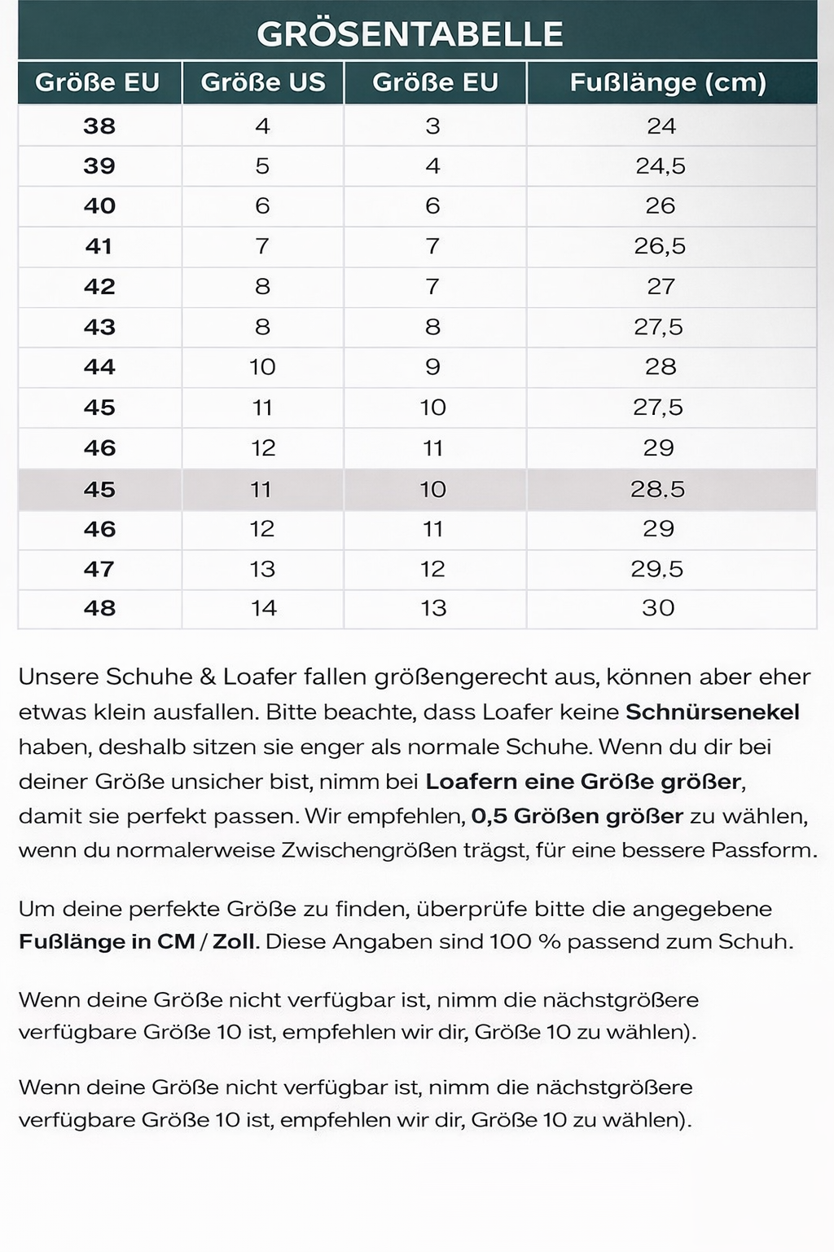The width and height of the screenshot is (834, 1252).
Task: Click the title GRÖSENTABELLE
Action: tap(410, 34)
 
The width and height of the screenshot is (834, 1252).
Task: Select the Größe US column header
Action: tap(262, 82)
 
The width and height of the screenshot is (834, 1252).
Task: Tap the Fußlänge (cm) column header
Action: tap(668, 82)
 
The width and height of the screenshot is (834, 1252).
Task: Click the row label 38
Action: tap(99, 126)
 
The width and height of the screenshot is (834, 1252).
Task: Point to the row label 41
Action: tap(99, 246)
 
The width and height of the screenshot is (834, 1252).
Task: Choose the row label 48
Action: tap(99, 608)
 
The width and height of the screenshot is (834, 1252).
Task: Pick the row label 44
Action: tap(99, 367)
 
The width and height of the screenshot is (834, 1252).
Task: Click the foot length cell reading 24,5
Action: tap(661, 166)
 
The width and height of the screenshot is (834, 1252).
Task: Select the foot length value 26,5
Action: tap(660, 246)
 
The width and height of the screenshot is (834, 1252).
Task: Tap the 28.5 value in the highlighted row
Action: tap(657, 489)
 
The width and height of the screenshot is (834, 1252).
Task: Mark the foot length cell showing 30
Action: tap(658, 608)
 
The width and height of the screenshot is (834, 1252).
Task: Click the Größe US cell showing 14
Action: tap(263, 608)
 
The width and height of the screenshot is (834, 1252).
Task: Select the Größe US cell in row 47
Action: tap(262, 569)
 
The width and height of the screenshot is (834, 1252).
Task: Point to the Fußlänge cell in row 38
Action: tap(661, 126)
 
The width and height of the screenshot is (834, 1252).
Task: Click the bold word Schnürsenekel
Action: tap(712, 712)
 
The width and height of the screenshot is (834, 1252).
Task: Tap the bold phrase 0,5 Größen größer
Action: tap(577, 816)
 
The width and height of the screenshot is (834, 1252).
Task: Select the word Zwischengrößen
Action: tap(369, 850)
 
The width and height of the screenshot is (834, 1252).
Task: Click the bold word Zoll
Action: tap(235, 941)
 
